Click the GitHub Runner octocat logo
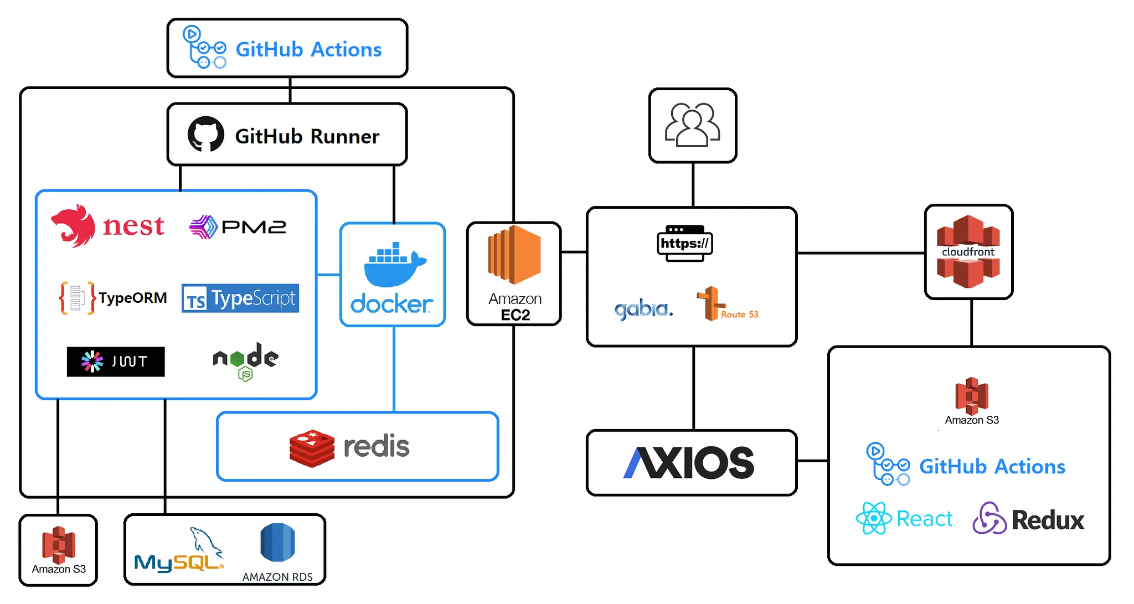coord(206,135)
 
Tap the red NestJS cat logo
coord(74,225)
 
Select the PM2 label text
coord(254,227)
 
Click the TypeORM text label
coord(133,298)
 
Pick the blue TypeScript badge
coord(240,298)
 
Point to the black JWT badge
coord(116,362)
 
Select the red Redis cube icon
coord(312,448)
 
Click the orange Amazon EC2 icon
coord(514,255)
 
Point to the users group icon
coord(693,125)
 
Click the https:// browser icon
coord(685,243)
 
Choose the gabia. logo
coord(643,309)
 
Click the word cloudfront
coord(968,252)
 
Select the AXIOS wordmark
coord(689,462)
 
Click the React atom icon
coord(874,518)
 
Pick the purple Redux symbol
coord(989,518)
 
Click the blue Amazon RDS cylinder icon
coord(277,542)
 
